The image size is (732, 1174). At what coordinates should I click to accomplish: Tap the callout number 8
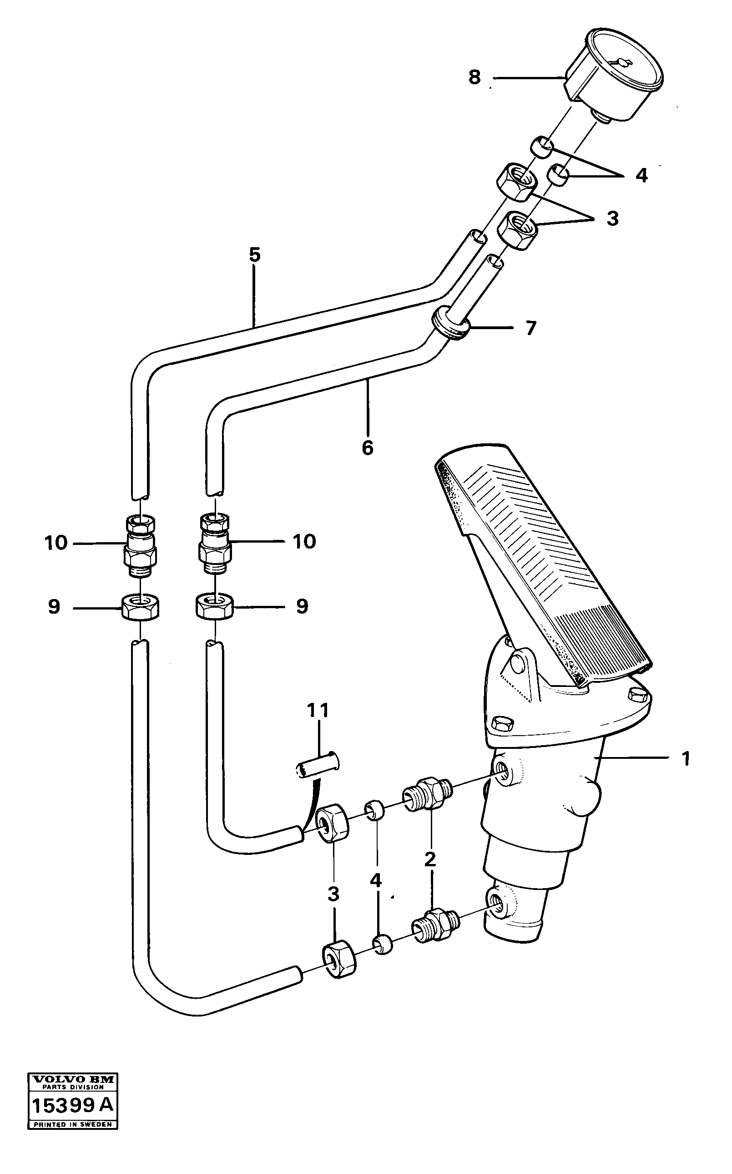point(475,77)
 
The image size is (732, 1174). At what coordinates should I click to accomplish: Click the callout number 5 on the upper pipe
point(255,255)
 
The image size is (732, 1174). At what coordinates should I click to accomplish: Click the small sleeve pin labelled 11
point(318,766)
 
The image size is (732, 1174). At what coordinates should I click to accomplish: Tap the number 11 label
point(318,711)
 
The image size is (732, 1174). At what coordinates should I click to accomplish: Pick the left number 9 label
point(54,606)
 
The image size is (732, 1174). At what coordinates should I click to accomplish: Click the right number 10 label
point(304,541)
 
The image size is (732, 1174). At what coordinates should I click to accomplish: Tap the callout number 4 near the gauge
point(641,175)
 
